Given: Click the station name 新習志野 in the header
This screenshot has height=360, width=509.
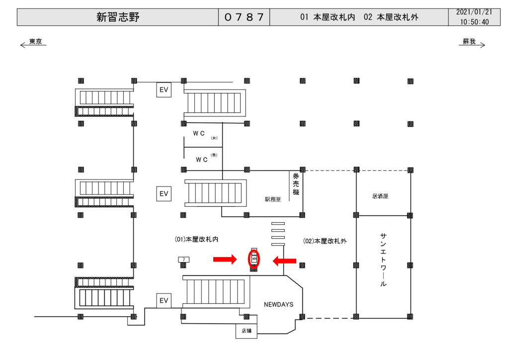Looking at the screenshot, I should [118, 17].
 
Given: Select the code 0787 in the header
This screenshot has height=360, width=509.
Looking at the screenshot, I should [244, 17].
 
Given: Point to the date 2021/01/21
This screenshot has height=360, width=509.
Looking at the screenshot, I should [474, 12].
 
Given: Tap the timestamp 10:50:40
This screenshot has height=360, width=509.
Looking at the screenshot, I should [474, 22].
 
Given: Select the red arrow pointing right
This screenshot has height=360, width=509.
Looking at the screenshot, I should [225, 259].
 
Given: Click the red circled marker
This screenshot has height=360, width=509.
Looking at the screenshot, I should [254, 259].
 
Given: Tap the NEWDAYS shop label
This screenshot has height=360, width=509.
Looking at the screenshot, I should [278, 304].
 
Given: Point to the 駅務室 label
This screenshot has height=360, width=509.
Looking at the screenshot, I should [273, 199].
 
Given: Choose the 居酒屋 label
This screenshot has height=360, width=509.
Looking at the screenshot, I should [380, 196].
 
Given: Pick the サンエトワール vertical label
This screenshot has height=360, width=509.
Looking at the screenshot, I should [383, 260].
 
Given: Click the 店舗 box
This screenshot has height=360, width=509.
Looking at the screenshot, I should [247, 331].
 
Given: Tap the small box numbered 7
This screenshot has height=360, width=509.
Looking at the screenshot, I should [183, 259].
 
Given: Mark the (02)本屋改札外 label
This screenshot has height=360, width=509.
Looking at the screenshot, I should [325, 241].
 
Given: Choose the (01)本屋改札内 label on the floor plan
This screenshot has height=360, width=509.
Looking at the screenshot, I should [197, 239].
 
